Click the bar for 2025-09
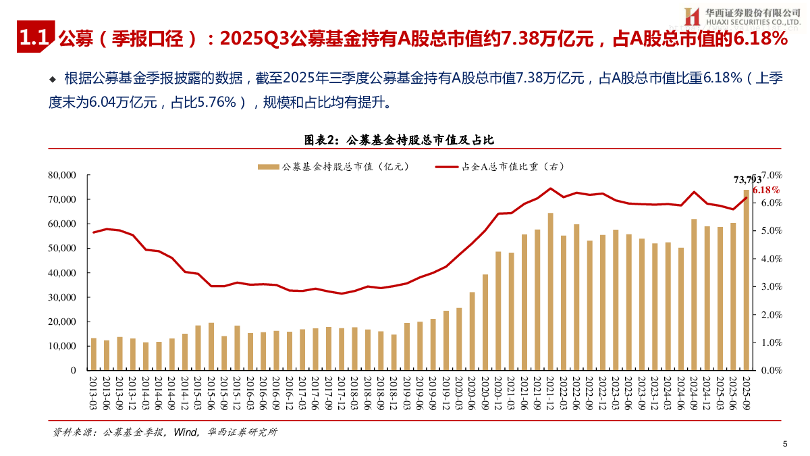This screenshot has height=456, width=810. point(746,280)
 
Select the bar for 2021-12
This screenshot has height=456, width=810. point(550,291)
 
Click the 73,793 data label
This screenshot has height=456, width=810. point(747,179)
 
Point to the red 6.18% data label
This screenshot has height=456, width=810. point(765,191)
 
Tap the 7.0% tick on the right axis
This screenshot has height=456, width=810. point(772,175)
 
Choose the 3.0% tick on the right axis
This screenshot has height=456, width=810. point(772,286)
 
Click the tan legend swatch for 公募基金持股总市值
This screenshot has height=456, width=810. point(268,166)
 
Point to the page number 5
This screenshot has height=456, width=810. point(785,444)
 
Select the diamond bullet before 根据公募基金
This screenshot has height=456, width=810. point(53,79)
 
